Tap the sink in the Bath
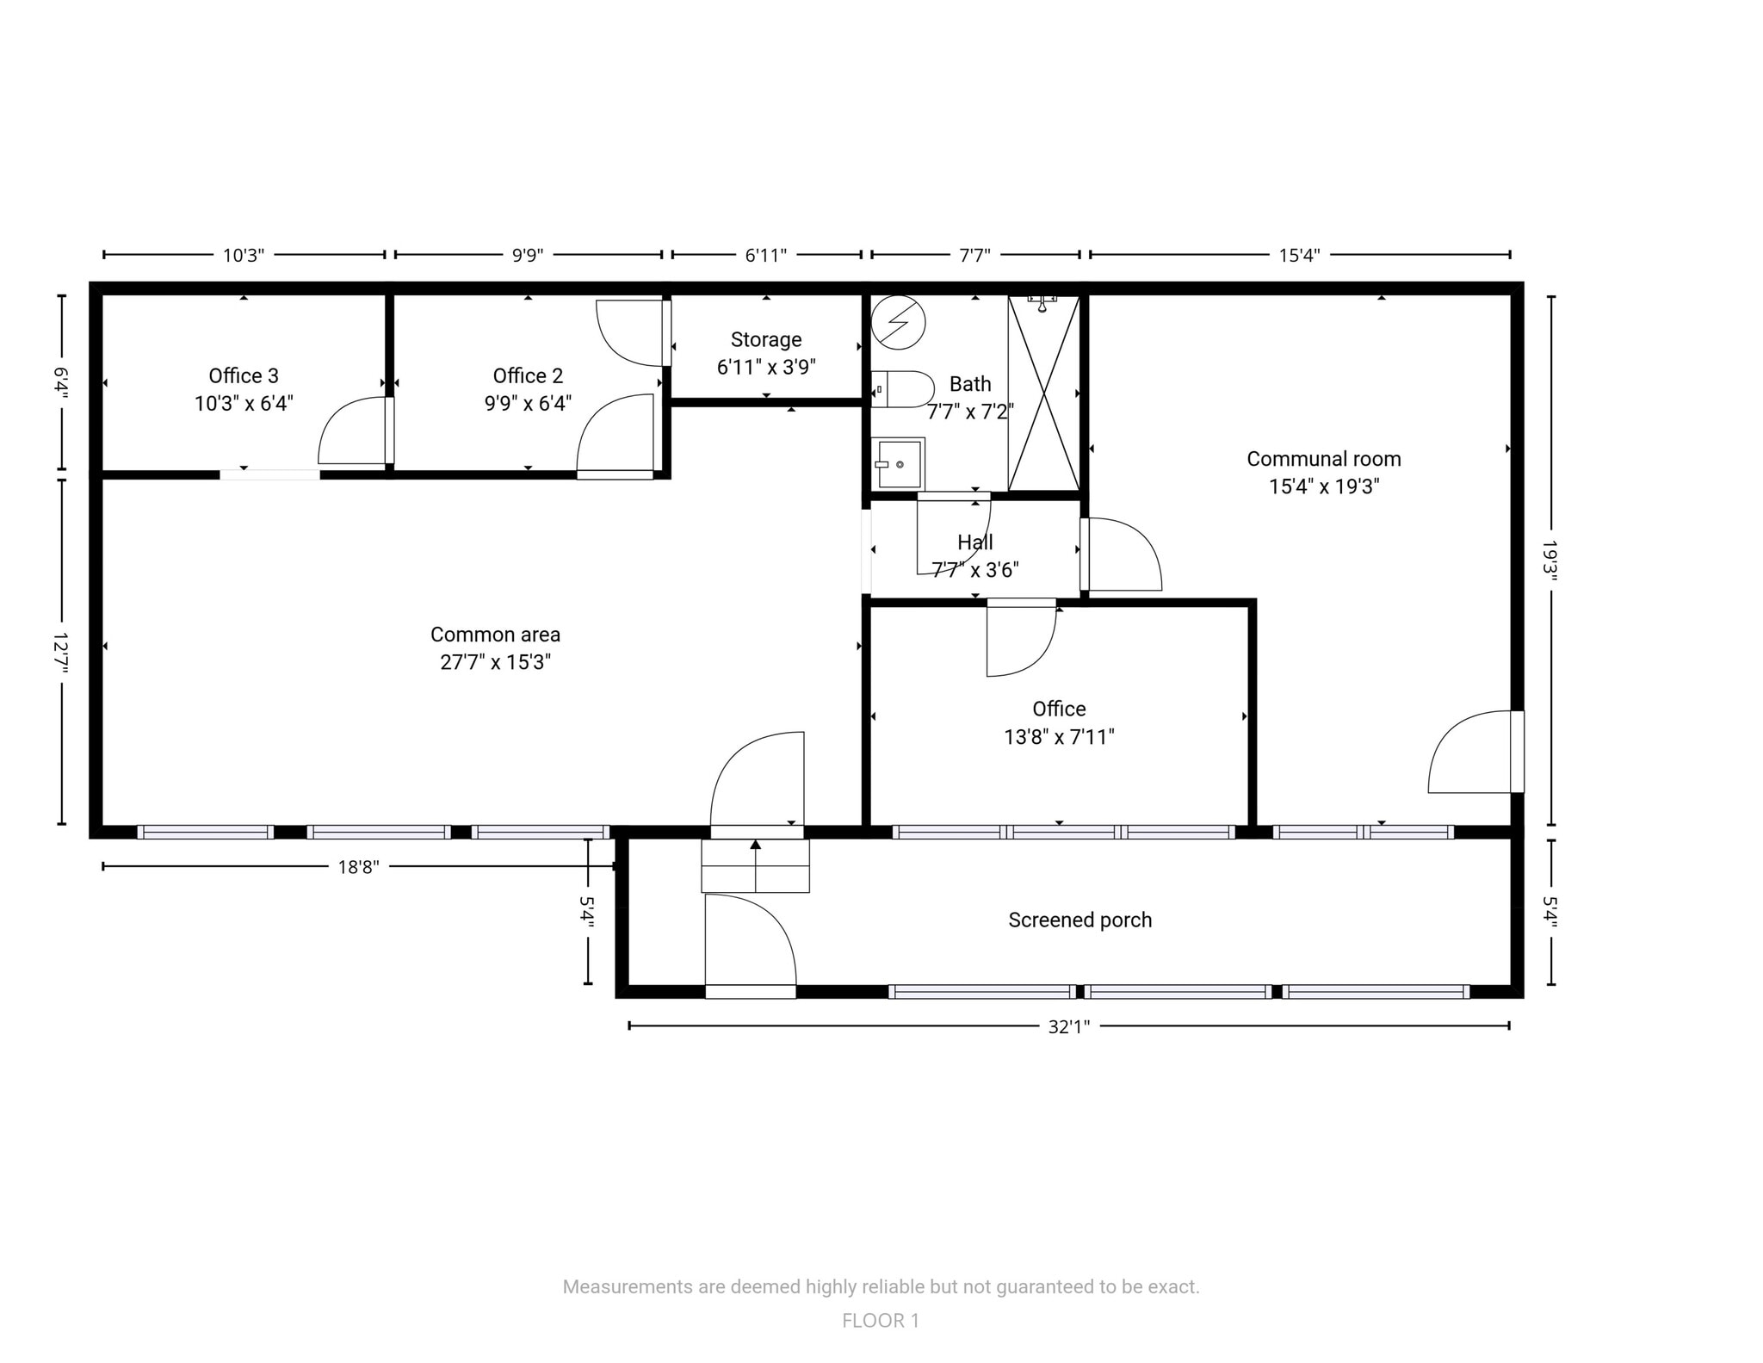point(898,464)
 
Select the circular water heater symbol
point(898,322)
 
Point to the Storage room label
point(766,340)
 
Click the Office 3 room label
point(244,376)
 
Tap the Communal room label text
point(1323,459)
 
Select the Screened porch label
point(1079,920)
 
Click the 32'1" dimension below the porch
point(1068,1026)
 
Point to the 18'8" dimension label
point(358,867)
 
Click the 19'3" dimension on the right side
point(1550,561)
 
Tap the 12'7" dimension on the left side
point(61,653)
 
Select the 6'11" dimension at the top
point(765,256)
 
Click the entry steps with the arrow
point(755,865)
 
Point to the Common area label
point(495,635)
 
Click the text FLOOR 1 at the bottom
point(880,1321)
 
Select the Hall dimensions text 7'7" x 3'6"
point(974,570)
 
